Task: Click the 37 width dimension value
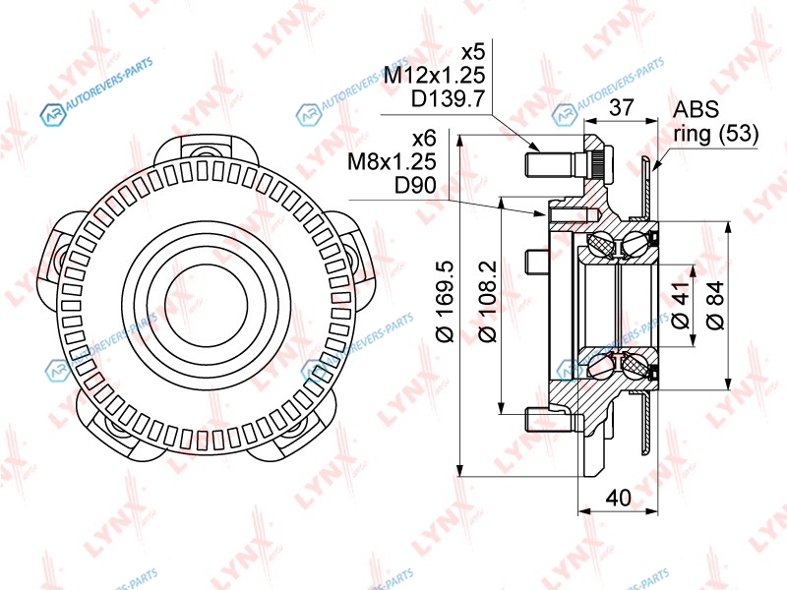[x=622, y=107]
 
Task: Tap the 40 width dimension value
[x=618, y=498]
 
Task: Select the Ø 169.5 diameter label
[x=446, y=301]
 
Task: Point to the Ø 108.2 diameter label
[x=487, y=301]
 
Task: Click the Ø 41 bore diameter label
[x=681, y=306]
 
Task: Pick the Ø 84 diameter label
[x=715, y=305]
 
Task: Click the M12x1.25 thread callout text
[x=434, y=76]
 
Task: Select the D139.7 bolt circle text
[x=448, y=99]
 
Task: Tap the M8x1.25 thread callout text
[x=392, y=161]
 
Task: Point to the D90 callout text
[x=415, y=185]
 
